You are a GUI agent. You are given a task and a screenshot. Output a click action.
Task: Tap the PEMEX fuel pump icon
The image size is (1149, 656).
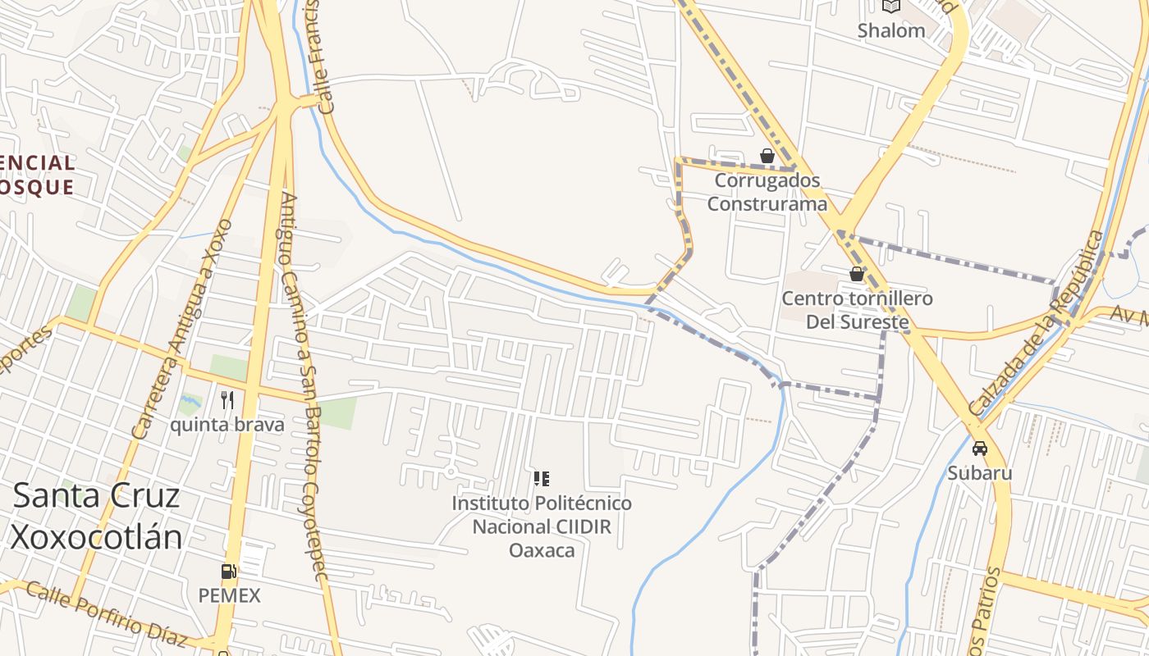click(229, 572)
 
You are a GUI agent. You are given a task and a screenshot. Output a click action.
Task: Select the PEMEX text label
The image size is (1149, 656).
click(229, 595)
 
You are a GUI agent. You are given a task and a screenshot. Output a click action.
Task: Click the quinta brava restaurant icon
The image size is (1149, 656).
click(227, 400)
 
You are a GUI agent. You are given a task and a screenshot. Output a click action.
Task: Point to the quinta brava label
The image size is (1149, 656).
click(227, 425)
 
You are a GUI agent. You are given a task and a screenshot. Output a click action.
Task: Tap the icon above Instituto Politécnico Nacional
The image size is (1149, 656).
click(541, 478)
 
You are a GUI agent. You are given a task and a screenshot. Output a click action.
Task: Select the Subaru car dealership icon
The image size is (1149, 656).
click(979, 449)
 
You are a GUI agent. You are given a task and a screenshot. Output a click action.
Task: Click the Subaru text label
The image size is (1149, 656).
click(980, 473)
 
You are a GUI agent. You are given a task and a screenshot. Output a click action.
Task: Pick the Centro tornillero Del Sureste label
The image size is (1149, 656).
click(857, 309)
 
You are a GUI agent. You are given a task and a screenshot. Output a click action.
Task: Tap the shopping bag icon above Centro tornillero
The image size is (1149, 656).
click(857, 273)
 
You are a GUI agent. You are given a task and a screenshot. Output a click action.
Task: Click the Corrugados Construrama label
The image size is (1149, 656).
click(767, 191)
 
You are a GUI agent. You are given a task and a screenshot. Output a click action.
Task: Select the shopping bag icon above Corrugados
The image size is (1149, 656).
click(767, 155)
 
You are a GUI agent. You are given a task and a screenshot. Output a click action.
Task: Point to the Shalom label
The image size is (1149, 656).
click(890, 30)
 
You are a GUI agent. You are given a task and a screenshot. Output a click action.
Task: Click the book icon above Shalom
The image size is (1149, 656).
click(890, 7)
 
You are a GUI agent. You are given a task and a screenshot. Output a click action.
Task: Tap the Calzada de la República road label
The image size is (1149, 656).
click(1037, 323)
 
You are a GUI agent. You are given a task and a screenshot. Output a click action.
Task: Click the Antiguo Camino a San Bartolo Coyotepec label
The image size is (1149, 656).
click(304, 385)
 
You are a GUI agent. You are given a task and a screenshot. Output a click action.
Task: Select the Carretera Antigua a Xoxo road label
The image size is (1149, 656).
click(182, 328)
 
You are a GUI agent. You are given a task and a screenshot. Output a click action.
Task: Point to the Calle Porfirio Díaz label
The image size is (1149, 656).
click(107, 613)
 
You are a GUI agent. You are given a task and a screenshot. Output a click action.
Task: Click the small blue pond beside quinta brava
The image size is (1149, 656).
click(190, 402)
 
